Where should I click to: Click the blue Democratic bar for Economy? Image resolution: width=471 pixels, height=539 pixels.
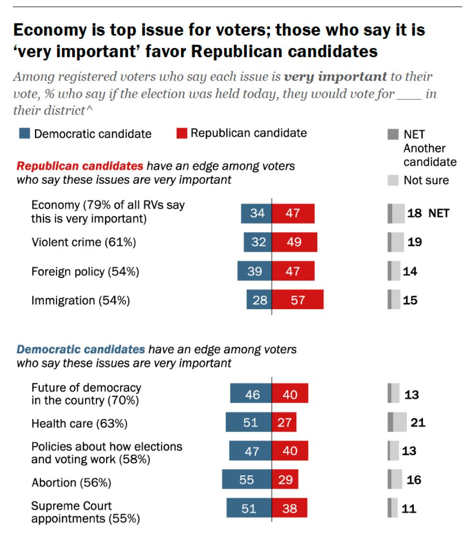(256, 213)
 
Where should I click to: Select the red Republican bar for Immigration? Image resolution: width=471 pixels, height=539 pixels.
(298, 300)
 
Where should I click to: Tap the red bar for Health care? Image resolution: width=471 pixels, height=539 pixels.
(284, 423)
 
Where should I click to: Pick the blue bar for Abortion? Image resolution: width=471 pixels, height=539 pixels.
(247, 479)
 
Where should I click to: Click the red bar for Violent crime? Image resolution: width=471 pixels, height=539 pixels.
(294, 242)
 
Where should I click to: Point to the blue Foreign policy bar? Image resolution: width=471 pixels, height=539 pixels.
(254, 271)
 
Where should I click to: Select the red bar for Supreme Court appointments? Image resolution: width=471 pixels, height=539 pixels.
(290, 508)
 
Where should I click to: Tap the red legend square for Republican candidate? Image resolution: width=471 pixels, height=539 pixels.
(181, 133)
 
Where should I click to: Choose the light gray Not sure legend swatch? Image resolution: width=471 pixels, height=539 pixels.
(393, 180)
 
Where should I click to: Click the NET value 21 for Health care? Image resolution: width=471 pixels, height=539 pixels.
(418, 423)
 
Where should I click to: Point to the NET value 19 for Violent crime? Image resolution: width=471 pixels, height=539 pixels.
(414, 242)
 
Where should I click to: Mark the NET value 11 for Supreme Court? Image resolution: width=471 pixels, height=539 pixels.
(410, 508)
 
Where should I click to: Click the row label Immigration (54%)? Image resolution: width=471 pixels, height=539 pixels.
(81, 300)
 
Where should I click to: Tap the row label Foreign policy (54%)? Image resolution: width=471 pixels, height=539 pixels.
(85, 272)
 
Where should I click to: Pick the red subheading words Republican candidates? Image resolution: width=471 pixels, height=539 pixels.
(80, 167)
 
